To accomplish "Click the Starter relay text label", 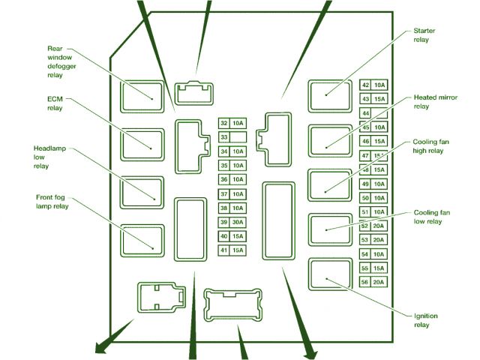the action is pos(424,35).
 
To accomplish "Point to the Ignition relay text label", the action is pos(425,320).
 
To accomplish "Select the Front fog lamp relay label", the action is pos(52,202).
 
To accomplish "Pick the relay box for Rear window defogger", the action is pos(142,96).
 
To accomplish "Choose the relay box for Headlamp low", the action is pos(142,191).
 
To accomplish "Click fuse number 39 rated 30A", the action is pos(232,222).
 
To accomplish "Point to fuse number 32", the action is pos(232,123).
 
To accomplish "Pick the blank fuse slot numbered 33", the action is pos(232,137).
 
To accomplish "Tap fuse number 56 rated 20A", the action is pos(373,282).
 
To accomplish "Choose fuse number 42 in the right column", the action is pos(373,85).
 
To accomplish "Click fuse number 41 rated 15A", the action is pos(232,250).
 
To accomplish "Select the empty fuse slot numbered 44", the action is pos(373,113).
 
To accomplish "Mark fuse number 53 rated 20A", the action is pos(373,240).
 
